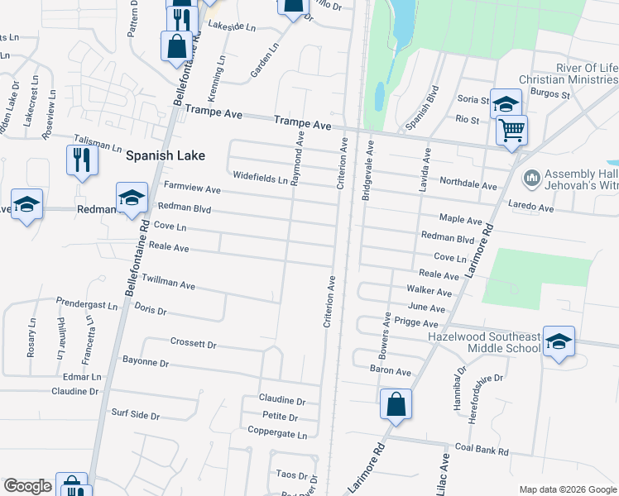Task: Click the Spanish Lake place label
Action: pos(166,155)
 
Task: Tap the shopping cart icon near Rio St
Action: pos(512,129)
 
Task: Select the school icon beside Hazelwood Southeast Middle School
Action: pos(559,344)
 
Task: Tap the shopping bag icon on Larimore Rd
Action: pos(396,405)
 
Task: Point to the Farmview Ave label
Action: pos(192,188)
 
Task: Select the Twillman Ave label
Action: pos(168,283)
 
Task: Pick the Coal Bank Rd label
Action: pos(481,451)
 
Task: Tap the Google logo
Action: pos(28,486)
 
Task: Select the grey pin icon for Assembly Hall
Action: pos(531,178)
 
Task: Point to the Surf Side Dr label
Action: pos(134,413)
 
